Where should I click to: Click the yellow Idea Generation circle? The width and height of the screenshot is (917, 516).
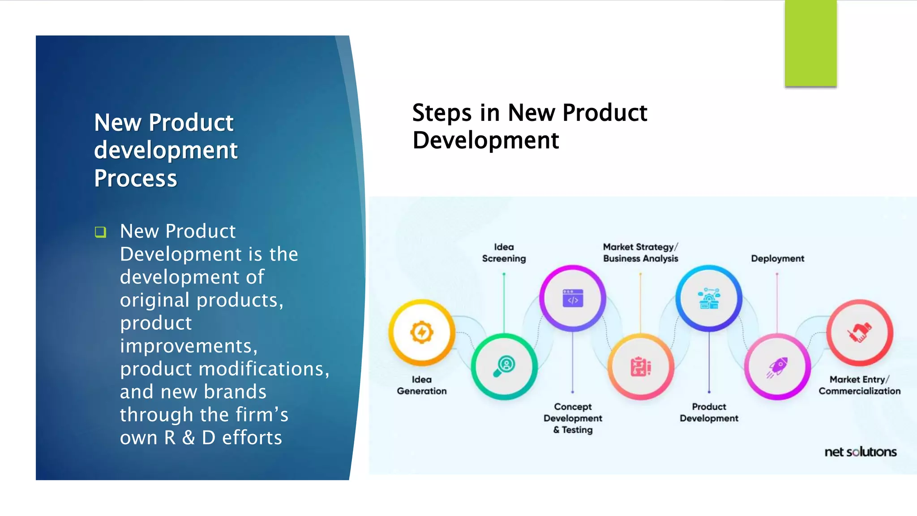click(421, 333)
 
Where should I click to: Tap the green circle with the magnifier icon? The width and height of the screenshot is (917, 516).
click(504, 366)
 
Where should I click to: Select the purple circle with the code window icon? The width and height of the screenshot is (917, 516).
click(573, 298)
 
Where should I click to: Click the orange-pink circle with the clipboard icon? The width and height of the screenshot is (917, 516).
click(641, 367)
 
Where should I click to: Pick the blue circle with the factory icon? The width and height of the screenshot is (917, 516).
click(709, 298)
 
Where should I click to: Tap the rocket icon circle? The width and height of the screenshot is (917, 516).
click(777, 367)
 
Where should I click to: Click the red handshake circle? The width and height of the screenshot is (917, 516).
click(859, 333)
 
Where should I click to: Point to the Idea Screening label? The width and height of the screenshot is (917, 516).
click(504, 253)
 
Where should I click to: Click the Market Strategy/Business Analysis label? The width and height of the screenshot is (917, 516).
click(640, 253)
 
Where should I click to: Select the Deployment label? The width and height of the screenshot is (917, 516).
click(777, 258)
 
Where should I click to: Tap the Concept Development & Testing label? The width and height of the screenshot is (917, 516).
click(573, 418)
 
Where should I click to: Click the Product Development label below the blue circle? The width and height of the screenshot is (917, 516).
click(709, 412)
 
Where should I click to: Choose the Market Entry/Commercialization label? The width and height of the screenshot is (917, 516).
click(859, 385)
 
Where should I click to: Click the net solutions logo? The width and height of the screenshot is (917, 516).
click(860, 451)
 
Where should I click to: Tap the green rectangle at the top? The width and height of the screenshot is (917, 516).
click(810, 43)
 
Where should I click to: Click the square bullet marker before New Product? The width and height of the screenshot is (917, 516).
click(100, 232)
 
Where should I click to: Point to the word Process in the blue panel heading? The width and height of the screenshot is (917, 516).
click(136, 178)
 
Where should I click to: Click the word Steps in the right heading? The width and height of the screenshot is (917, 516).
click(441, 113)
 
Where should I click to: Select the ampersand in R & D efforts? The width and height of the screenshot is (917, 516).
click(189, 438)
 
